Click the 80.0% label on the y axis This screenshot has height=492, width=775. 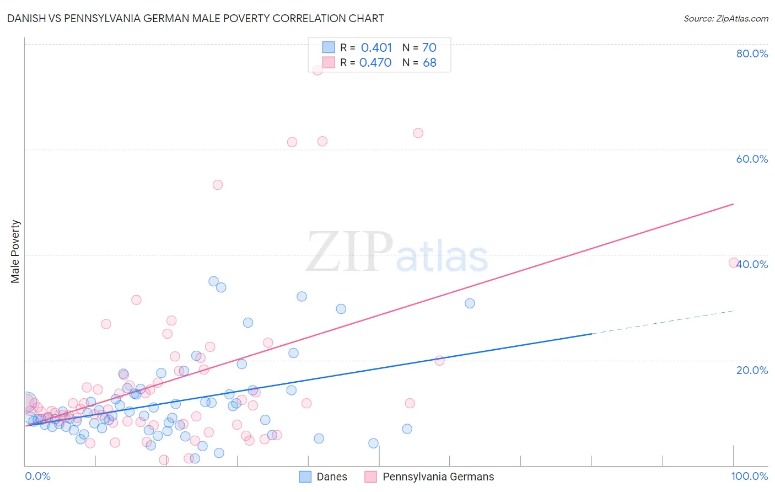pyautogui.click(x=752, y=54)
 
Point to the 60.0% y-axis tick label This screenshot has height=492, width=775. pyautogui.click(x=752, y=159)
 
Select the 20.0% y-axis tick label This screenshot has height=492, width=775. pyautogui.click(x=752, y=370)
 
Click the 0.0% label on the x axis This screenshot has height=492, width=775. pyautogui.click(x=37, y=476)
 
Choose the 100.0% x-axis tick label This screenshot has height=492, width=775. pyautogui.click(x=749, y=476)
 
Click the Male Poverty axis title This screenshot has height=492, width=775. pyautogui.click(x=15, y=252)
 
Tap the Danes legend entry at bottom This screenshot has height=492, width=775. pyautogui.click(x=323, y=477)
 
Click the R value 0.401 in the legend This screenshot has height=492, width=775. pyautogui.click(x=376, y=48)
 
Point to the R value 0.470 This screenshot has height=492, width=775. pyautogui.click(x=375, y=63)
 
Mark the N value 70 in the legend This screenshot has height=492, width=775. pyautogui.click(x=429, y=48)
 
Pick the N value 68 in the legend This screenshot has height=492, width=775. pyautogui.click(x=429, y=63)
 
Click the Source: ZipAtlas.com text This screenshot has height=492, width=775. pyautogui.click(x=725, y=19)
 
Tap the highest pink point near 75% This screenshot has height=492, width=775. pyautogui.click(x=317, y=70)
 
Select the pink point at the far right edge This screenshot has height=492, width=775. pyautogui.click(x=733, y=263)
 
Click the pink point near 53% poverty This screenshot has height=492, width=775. pyautogui.click(x=218, y=185)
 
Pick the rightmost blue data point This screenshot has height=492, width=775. pyautogui.click(x=470, y=303)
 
